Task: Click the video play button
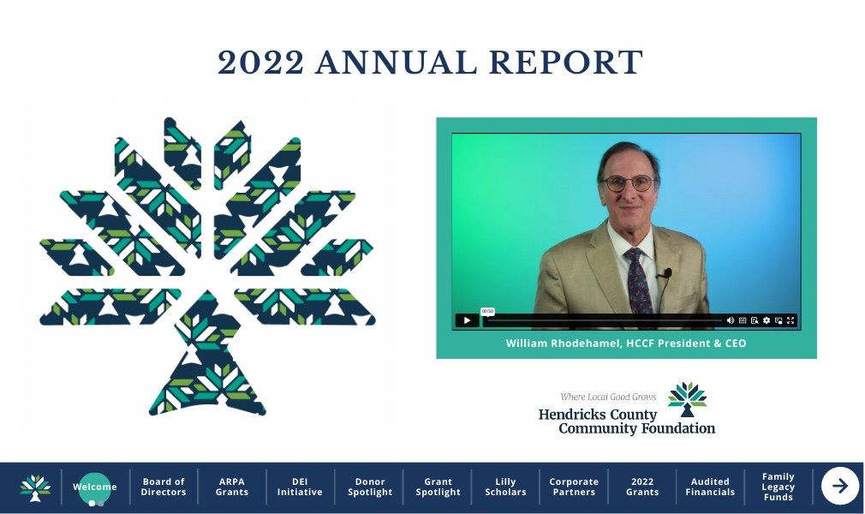(x=467, y=320)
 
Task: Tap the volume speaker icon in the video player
(x=731, y=320)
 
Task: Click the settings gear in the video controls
(x=767, y=320)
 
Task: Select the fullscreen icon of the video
(x=790, y=320)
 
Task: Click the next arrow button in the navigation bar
(x=839, y=486)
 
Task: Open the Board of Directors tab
(x=164, y=487)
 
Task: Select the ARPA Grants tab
(x=232, y=487)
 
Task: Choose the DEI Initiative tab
(x=300, y=487)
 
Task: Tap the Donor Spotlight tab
(x=370, y=487)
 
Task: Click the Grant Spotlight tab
(x=438, y=487)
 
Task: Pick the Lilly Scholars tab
(x=505, y=487)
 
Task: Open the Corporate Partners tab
(x=574, y=487)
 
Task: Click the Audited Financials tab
(x=710, y=487)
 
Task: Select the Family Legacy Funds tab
(x=778, y=487)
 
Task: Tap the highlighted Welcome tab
(x=95, y=487)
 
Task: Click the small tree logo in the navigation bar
(x=35, y=488)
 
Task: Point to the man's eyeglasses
(x=629, y=182)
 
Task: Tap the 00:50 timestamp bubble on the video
(x=487, y=311)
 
